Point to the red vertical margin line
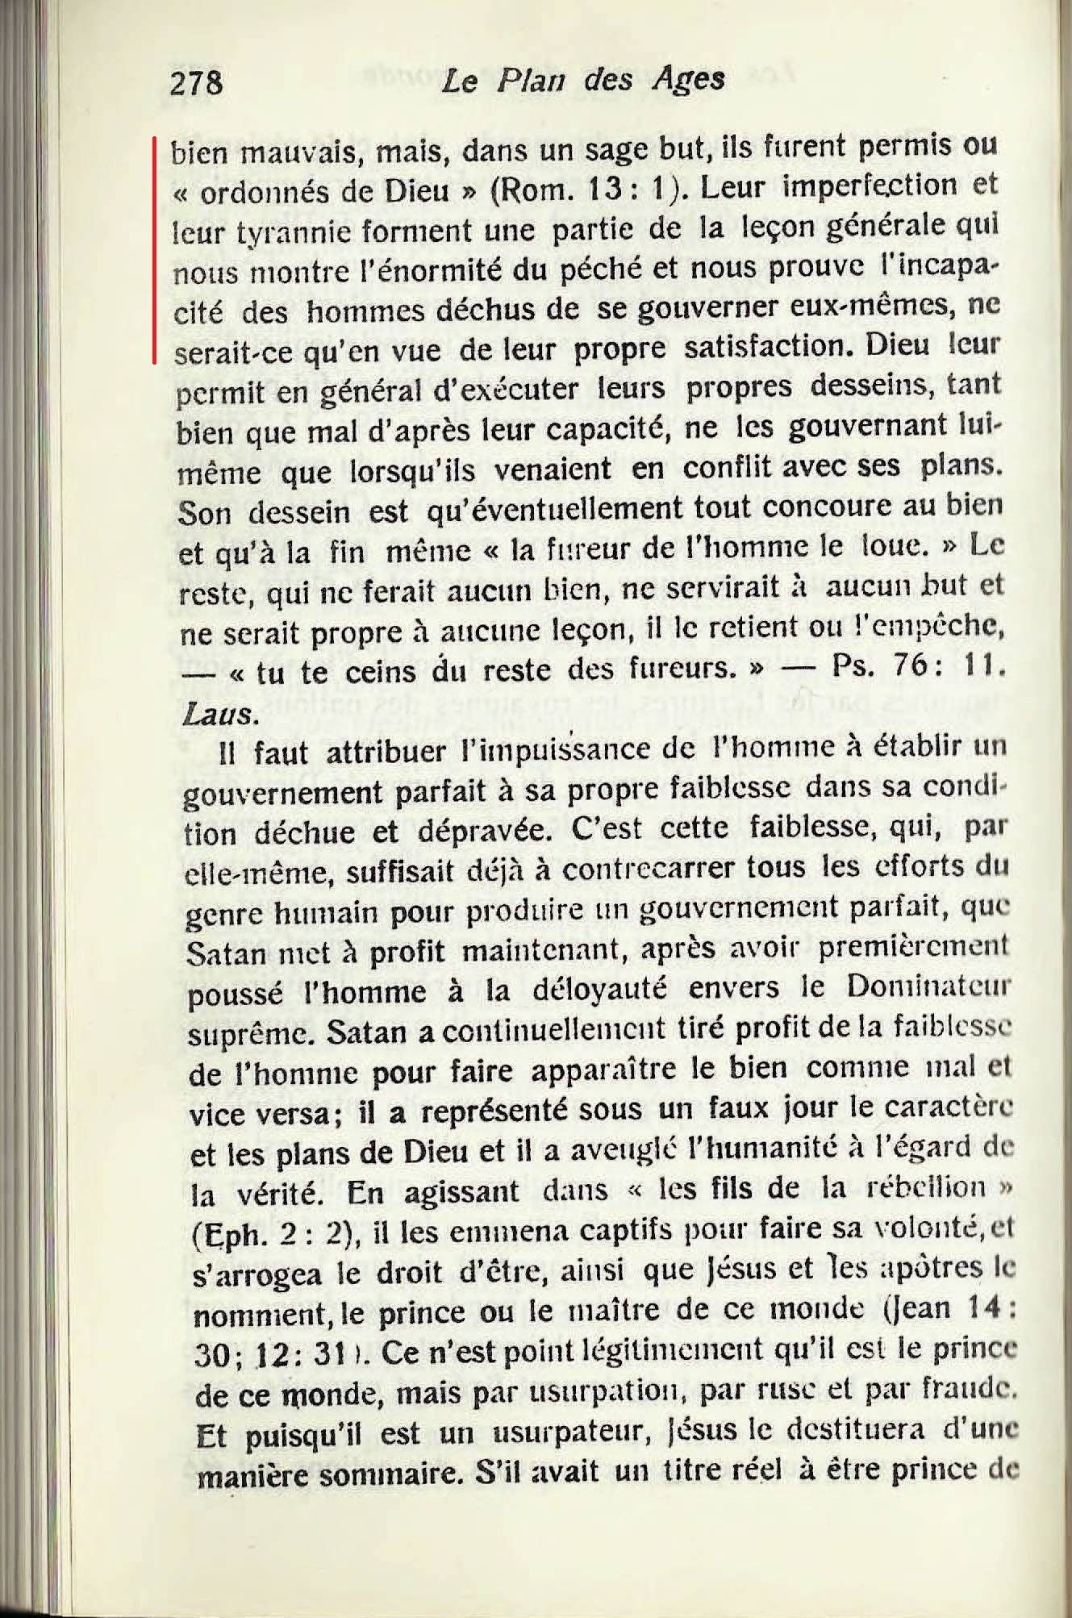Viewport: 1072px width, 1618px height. click(155, 250)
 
